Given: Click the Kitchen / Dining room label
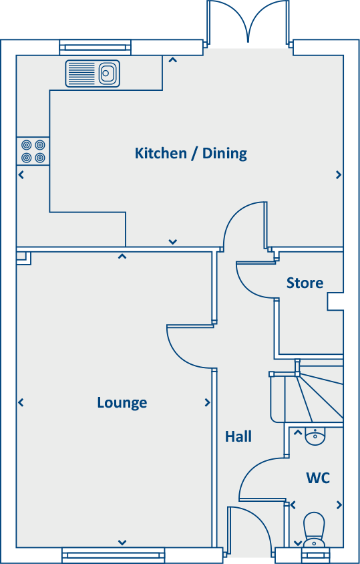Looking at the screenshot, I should [x=190, y=153].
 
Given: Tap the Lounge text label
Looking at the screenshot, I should [x=122, y=402].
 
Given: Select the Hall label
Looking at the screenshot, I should [x=238, y=436].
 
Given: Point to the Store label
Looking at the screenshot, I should [x=305, y=283].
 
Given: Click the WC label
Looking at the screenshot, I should [x=318, y=478].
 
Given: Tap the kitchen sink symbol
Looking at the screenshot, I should [x=93, y=73].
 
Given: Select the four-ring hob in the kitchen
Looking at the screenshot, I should [x=33, y=151].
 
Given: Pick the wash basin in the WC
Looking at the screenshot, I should [x=315, y=436].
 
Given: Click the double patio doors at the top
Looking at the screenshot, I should [x=248, y=23].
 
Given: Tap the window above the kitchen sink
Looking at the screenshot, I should [x=95, y=47].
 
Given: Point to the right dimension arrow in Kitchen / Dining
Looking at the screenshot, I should [x=339, y=175].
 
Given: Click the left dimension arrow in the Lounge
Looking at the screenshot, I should [x=21, y=402].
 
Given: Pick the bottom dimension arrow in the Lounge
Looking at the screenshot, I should [x=122, y=542].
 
